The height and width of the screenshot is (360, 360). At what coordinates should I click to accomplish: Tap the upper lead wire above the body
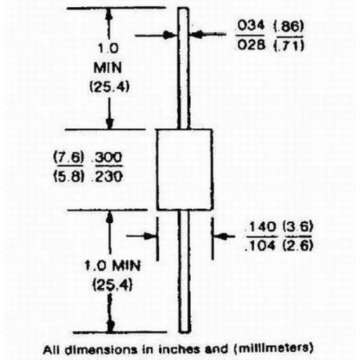pos(184,68)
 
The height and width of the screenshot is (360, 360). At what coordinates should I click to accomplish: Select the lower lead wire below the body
pos(184,271)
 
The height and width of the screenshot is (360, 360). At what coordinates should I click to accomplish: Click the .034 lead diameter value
pos(251,26)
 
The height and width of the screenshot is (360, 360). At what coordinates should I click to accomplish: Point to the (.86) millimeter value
pos(289,27)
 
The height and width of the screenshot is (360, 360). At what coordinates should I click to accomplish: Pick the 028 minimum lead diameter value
pos(251,45)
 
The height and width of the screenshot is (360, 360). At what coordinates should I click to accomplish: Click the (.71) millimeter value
pos(289,45)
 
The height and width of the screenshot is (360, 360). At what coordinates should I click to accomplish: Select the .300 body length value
pos(109,158)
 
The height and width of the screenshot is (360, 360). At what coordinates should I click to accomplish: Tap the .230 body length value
pos(109,177)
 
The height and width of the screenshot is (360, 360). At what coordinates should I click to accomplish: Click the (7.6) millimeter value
pos(68,158)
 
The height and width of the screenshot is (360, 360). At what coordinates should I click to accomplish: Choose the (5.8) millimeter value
pos(68,177)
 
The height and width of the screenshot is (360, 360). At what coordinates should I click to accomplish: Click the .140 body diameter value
pos(261,227)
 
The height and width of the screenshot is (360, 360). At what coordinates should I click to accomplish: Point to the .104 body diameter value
pos(261,246)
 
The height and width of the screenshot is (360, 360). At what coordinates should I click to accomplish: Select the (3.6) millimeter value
pos(298,227)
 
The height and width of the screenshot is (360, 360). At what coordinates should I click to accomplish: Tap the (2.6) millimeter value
pos(298,246)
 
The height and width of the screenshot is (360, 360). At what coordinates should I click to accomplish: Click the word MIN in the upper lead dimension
pos(107,68)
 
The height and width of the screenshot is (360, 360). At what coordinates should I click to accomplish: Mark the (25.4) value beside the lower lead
pos(112,285)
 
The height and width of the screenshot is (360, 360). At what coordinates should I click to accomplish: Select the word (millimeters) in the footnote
pos(273,348)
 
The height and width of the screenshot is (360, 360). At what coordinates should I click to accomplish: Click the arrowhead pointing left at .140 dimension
pos(221,236)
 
